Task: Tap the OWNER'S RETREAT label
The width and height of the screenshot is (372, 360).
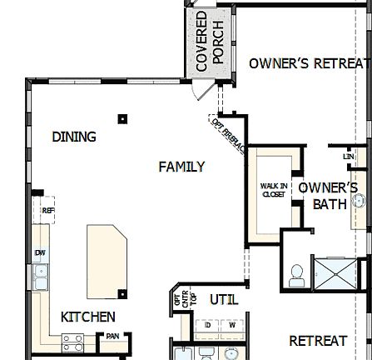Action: click(308, 62)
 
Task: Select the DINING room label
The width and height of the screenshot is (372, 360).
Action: click(74, 137)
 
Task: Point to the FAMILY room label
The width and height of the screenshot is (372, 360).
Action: click(181, 167)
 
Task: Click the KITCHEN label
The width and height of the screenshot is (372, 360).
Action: click(88, 317)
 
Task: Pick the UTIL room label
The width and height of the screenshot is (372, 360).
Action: click(223, 298)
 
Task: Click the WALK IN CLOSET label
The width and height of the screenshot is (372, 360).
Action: click(274, 190)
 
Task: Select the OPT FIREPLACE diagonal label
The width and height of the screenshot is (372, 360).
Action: click(228, 135)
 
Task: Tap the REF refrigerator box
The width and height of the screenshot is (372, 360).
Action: click(47, 211)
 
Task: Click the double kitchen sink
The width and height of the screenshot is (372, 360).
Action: click(39, 276)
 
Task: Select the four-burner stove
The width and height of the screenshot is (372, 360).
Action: click(73, 342)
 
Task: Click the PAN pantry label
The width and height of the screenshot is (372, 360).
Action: click(112, 336)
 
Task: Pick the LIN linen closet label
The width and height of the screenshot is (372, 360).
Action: click(348, 156)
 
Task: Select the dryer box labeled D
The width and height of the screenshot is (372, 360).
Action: click(208, 324)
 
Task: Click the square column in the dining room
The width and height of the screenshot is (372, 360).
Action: click(122, 119)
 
